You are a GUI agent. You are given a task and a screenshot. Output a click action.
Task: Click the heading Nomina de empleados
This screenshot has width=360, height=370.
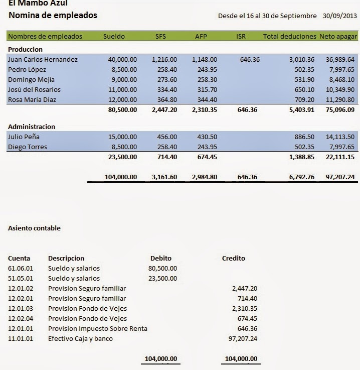(53, 16)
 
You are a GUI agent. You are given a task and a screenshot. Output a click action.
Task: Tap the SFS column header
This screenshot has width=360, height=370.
(160, 37)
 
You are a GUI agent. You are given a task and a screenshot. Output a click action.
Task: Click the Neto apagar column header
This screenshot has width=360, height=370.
(338, 37)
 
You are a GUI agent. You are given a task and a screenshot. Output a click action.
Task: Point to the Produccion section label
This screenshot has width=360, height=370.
(25, 50)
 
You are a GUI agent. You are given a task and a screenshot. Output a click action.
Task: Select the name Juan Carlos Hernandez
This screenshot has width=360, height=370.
(43, 60)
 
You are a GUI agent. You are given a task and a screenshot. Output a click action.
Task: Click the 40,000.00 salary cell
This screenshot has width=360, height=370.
(122, 60)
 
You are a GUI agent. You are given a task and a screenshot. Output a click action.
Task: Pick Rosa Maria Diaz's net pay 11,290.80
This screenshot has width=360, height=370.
(340, 100)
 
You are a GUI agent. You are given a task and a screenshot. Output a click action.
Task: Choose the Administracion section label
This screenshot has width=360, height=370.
(32, 127)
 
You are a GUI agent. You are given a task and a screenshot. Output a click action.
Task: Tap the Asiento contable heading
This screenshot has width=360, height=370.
(34, 228)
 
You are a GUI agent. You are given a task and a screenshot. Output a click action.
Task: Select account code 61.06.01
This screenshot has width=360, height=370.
(19, 269)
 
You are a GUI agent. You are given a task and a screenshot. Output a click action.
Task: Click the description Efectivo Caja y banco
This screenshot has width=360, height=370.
(80, 339)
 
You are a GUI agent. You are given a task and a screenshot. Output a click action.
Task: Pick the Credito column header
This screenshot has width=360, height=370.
(233, 259)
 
